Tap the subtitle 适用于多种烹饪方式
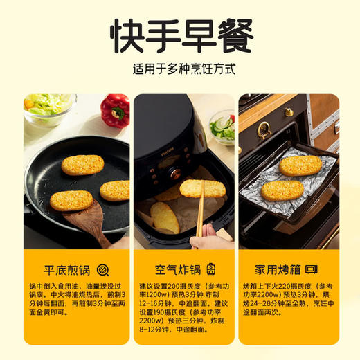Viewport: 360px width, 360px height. point(181,70)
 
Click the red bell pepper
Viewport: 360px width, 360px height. point(115,110)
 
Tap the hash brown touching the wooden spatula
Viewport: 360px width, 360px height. point(71,200)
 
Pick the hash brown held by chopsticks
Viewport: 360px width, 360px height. point(202,188)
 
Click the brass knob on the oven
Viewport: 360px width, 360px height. point(289,112)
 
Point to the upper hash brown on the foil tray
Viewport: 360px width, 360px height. point(300,165)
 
